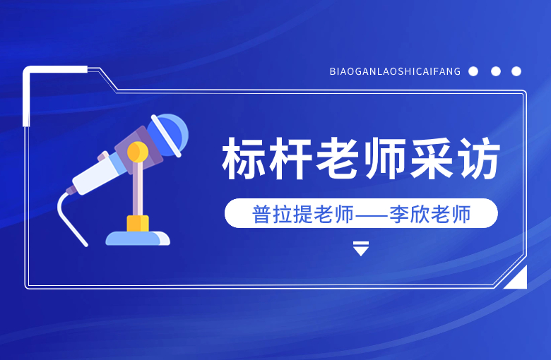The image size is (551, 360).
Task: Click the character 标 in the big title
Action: (x=244, y=159)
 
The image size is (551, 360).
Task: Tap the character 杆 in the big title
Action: (x=290, y=159)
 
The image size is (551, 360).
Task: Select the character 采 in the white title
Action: (x=431, y=159)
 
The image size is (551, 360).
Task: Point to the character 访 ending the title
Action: (x=478, y=159)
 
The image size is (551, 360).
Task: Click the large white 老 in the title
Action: (x=337, y=159)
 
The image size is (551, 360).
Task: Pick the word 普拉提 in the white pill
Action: (x=283, y=214)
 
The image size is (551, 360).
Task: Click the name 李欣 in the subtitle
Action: (x=410, y=214)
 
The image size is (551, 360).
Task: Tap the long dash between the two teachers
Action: (x=372, y=215)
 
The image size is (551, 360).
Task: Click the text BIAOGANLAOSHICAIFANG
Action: (x=395, y=72)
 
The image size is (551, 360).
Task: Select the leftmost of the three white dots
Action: (x=473, y=71)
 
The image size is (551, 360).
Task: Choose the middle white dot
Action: (x=496, y=71)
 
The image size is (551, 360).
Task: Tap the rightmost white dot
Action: (x=516, y=71)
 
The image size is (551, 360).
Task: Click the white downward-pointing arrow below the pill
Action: (x=361, y=248)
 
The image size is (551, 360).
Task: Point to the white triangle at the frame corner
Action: (x=519, y=280)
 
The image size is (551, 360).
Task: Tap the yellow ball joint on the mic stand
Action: (x=138, y=152)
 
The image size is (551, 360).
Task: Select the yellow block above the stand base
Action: (x=138, y=224)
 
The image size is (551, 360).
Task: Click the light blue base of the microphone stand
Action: (x=138, y=238)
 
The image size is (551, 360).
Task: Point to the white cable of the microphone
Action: (x=70, y=218)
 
